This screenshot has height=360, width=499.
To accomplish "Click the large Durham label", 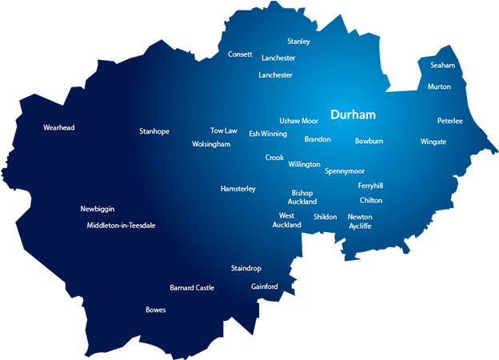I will [x=353, y=115].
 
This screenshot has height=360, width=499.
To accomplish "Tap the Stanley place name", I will [x=298, y=42].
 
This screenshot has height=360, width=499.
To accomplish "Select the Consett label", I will [x=240, y=54].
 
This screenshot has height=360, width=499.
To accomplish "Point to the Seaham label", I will [x=442, y=66].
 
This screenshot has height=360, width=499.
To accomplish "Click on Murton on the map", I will [x=439, y=86].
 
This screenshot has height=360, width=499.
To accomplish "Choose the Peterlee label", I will [x=449, y=121].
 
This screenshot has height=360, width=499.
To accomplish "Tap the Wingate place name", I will [x=433, y=142].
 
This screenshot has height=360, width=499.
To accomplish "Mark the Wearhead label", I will [x=59, y=127].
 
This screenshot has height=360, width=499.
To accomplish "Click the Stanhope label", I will [x=154, y=131].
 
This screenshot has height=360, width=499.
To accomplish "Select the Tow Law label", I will [x=224, y=130].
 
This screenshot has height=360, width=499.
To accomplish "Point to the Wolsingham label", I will [x=211, y=145].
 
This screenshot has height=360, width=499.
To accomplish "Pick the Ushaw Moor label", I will [x=298, y=121].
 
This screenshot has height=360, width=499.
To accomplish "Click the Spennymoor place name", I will [x=345, y=171].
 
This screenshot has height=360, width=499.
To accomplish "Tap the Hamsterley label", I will [x=238, y=189].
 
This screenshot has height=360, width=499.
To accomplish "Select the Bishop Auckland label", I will [x=302, y=198].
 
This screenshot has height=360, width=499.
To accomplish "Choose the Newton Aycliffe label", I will [x=360, y=222].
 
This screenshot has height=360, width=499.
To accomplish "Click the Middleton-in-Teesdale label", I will [x=121, y=226].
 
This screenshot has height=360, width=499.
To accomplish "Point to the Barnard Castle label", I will [x=192, y=288].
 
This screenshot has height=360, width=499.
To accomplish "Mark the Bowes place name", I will [x=156, y=310].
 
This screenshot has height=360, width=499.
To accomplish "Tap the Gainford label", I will [x=265, y=286].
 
